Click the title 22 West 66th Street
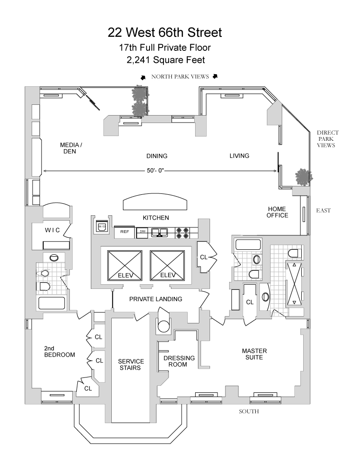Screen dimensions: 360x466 coord(164,33)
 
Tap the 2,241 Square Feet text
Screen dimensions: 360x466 coord(166,60)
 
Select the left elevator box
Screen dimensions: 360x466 coord(125,266)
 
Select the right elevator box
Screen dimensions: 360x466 coord(168,266)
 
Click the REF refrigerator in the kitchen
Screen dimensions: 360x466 coord(125,232)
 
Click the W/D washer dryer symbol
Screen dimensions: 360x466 coord(102,227)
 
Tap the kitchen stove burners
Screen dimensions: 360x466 coord(183,233)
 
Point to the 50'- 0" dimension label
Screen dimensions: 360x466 coord(156,171)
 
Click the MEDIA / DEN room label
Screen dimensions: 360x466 coord(71,148)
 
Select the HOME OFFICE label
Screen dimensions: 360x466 coord(277,212)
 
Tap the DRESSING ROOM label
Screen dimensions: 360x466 coord(179,361)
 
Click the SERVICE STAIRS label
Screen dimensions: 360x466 coord(131,364)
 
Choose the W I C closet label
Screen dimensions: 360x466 coord(52,230)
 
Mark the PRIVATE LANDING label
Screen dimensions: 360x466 coord(156,299)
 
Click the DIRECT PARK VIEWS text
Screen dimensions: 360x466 coord(327,139)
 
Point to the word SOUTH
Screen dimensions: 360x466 coord(249,411)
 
